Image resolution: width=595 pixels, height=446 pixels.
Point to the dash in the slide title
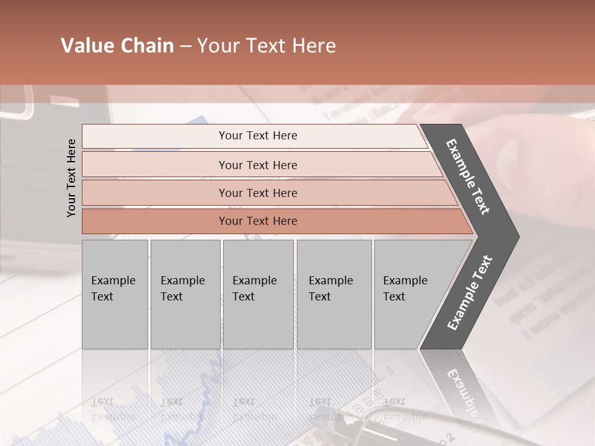[x=185, y=46]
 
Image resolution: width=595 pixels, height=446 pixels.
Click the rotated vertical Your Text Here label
[x=71, y=178]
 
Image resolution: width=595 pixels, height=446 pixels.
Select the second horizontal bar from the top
[x=258, y=165]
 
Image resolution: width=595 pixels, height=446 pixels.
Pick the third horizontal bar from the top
[x=258, y=193]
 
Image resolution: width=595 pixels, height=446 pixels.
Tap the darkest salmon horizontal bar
[x=258, y=221]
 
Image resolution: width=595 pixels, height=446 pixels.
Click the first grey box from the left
[x=115, y=294]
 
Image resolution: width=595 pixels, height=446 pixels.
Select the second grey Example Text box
[x=185, y=294]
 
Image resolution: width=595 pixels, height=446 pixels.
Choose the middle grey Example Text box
[x=258, y=294]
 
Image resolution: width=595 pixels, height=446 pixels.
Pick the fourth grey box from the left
[x=334, y=294]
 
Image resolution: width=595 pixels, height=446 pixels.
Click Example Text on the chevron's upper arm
[x=468, y=177]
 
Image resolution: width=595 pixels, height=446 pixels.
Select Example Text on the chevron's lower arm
[x=469, y=293]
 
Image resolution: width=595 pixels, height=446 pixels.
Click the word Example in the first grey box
[x=113, y=281]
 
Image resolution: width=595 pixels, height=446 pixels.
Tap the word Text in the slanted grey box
[x=394, y=297]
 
